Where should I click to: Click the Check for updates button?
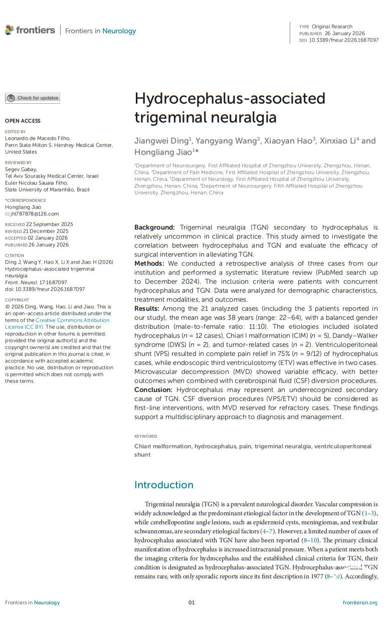[33, 98]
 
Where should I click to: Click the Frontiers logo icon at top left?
[10, 30]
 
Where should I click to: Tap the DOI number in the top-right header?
[344, 40]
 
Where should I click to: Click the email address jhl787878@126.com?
[35, 214]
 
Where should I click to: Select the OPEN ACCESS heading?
[23, 121]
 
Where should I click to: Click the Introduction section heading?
[163, 485]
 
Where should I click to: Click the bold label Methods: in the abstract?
[150, 263]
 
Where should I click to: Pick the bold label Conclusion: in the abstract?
[154, 390]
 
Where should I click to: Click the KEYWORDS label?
[145, 437]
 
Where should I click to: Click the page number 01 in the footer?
[191, 602]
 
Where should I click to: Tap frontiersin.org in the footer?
[360, 602]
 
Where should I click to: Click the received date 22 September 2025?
[49, 224]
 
